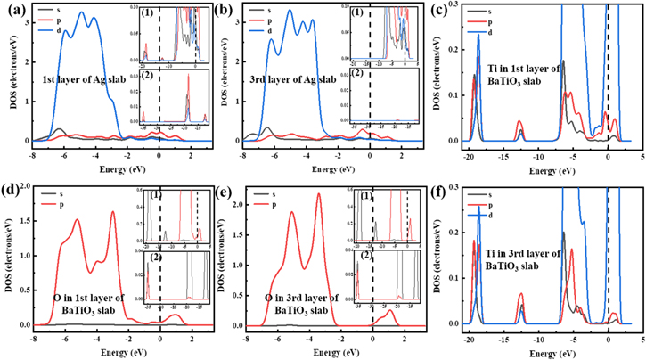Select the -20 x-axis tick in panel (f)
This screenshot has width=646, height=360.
[x=470, y=340]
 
